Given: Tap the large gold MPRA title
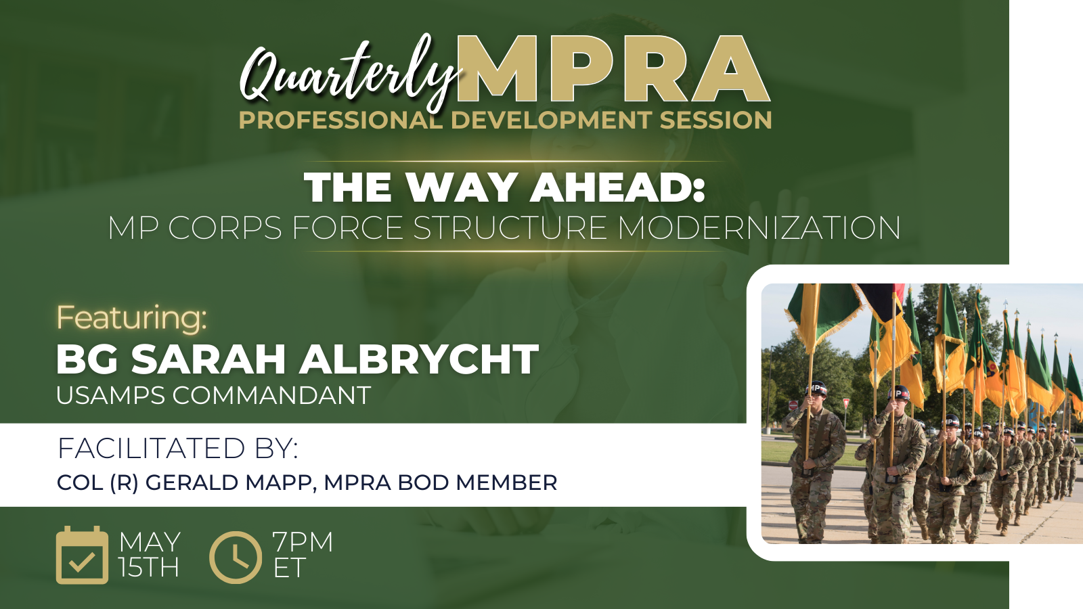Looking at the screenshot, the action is [x=613, y=68].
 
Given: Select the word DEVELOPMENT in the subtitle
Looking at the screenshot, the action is [x=551, y=120].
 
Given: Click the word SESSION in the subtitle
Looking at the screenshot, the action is [x=715, y=120].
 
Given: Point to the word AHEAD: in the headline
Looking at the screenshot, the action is [x=617, y=187].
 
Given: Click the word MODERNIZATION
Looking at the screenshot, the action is [x=759, y=227].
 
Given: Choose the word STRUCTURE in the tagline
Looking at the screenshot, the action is [x=510, y=227].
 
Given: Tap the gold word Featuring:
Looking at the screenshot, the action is [x=131, y=317].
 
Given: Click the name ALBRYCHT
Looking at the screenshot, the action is [x=419, y=359].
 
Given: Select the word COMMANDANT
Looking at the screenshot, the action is [x=271, y=395].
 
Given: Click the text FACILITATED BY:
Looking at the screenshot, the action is [x=178, y=448].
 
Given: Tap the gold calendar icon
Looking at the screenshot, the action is [x=82, y=556].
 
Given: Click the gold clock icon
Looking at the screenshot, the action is [x=236, y=558].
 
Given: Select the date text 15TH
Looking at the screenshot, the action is [x=149, y=567].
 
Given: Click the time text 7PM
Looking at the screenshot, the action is [x=303, y=542].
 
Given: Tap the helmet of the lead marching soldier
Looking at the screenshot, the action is [x=816, y=388].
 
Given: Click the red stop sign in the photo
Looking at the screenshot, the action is [x=793, y=405].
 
